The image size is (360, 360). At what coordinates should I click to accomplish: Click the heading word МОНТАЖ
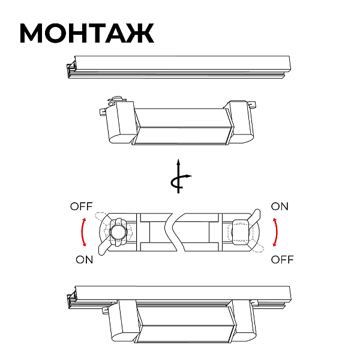pos(87,33)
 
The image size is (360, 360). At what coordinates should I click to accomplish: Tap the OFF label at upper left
pos(81,206)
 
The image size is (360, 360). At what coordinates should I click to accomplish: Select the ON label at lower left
pos(84,260)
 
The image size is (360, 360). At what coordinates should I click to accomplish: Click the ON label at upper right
pos(280,206)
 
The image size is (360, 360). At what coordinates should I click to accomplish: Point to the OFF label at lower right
pos(282,260)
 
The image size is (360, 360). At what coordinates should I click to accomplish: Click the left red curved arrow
pos(82,232)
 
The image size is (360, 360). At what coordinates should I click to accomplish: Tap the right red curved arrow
pos(276,232)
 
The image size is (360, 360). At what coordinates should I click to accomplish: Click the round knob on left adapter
pos(118,232)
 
